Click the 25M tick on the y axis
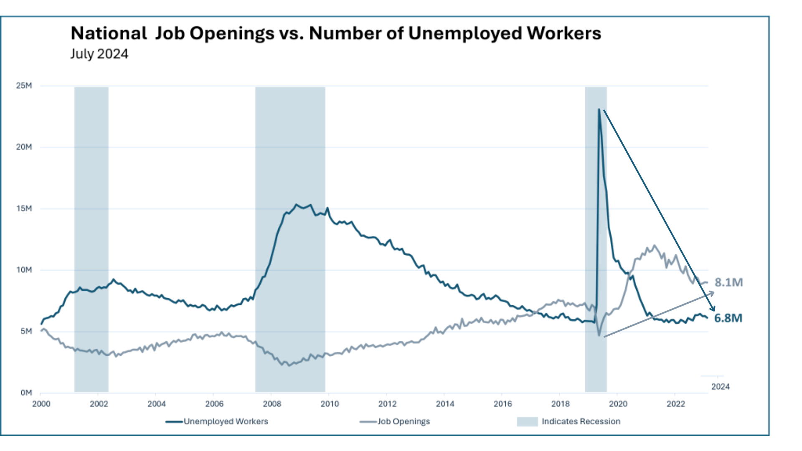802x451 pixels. pyautogui.click(x=24, y=86)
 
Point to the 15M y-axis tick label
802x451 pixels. pyautogui.click(x=24, y=208)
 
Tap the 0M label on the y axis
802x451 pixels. pyautogui.click(x=26, y=393)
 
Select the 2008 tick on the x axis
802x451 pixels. pyautogui.click(x=272, y=404)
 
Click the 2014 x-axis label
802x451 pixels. pyautogui.click(x=445, y=404)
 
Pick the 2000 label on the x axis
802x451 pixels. pyautogui.click(x=41, y=404)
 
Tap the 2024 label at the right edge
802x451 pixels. pyautogui.click(x=721, y=387)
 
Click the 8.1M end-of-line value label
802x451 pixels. pyautogui.click(x=729, y=283)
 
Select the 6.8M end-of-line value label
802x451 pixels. pyautogui.click(x=728, y=318)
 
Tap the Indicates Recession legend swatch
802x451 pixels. pyautogui.click(x=527, y=421)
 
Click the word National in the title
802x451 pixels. pyautogui.click(x=109, y=33)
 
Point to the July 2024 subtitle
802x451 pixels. pyautogui.click(x=99, y=54)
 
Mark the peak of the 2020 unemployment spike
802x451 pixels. pyautogui.click(x=599, y=110)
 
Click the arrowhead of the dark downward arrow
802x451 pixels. pyautogui.click(x=713, y=309)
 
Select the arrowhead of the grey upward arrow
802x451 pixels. pyautogui.click(x=713, y=292)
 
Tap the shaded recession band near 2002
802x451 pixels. pyautogui.click(x=91, y=238)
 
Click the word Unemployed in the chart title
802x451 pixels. pyautogui.click(x=465, y=33)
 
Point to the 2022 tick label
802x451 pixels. pyautogui.click(x=676, y=404)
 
